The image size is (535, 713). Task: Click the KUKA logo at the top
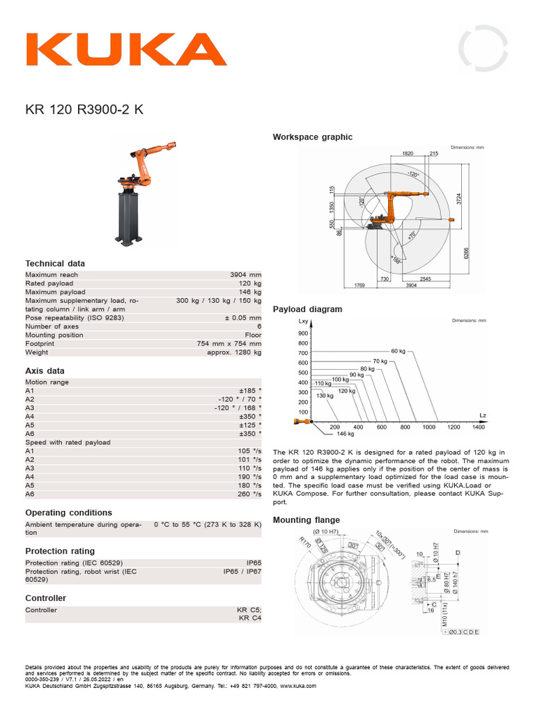(x=126, y=49)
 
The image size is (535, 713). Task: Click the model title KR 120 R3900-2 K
(x=85, y=109)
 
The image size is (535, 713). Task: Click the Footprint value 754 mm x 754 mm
(x=229, y=343)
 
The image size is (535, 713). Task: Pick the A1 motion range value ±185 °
(x=250, y=391)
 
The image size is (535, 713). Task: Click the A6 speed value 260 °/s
(x=249, y=494)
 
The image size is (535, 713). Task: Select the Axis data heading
(x=45, y=371)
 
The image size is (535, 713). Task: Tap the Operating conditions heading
(x=68, y=512)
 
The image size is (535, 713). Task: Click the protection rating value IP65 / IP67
(x=242, y=571)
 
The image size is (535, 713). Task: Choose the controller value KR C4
(x=249, y=618)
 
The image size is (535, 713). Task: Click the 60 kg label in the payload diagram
(x=398, y=351)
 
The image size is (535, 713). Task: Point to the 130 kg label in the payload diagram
(x=325, y=395)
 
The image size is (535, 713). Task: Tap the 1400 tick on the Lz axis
(x=478, y=427)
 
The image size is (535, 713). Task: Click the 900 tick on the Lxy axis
(x=302, y=334)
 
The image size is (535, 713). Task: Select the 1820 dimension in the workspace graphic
(x=408, y=153)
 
